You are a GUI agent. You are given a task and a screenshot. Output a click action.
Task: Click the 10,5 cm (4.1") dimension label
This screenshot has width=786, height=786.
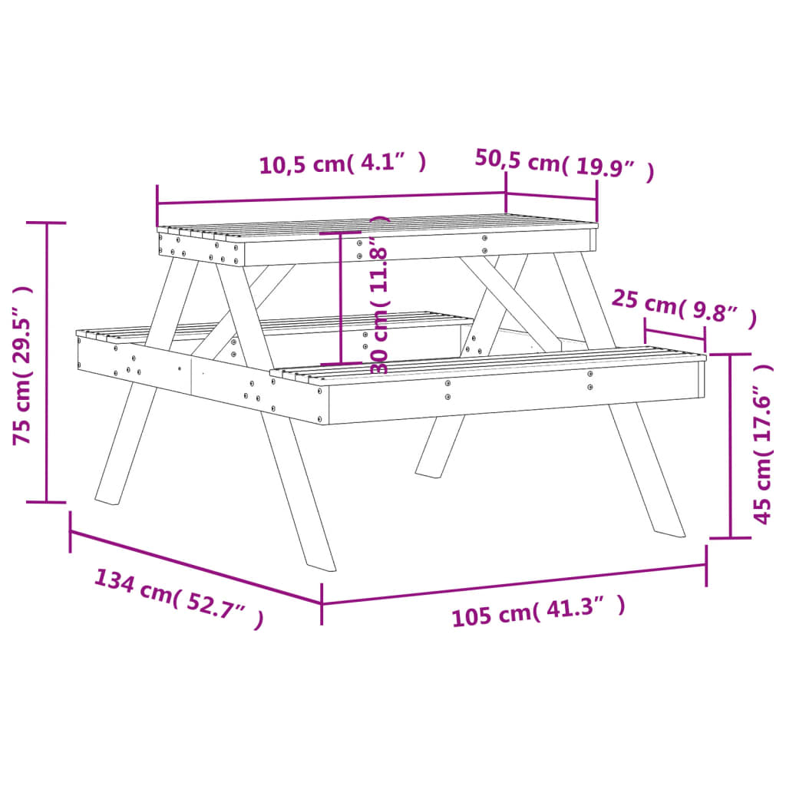(x=342, y=164)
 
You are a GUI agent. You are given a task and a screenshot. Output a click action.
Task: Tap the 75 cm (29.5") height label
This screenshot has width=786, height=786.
(x=23, y=365)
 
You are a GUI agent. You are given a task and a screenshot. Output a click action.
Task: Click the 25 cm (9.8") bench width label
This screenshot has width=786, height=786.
(x=683, y=308)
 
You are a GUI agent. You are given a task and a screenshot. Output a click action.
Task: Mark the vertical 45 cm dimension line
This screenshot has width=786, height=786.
(x=730, y=445)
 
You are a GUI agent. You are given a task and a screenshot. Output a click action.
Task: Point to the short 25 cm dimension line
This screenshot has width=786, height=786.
(x=675, y=334)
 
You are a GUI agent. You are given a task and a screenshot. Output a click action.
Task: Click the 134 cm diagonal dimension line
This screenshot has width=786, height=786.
(x=196, y=566)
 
